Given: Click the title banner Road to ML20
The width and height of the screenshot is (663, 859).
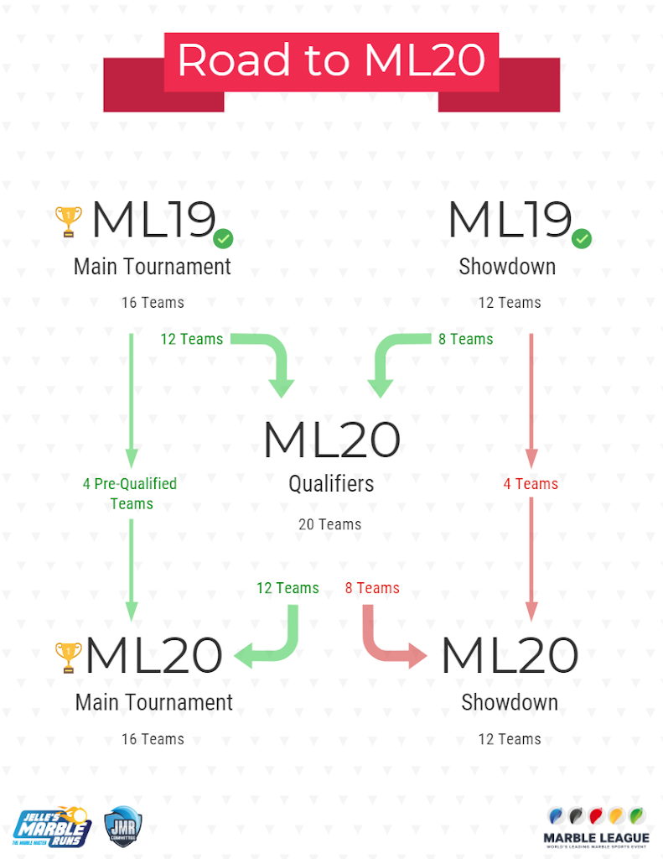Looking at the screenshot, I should [x=331, y=60].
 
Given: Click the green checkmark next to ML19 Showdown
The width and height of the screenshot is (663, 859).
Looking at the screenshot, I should [x=582, y=239].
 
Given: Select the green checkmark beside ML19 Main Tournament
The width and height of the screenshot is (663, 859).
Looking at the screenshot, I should [x=223, y=239].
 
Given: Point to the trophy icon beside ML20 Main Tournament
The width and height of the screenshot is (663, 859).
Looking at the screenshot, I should [x=69, y=657].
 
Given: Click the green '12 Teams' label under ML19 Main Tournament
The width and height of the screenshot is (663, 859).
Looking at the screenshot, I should [x=192, y=339].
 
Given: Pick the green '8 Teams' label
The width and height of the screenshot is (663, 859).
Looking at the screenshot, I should [x=466, y=339].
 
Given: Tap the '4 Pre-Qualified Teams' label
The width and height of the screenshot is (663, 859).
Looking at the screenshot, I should [x=131, y=493].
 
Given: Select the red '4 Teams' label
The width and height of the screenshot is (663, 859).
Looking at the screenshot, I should [x=531, y=484].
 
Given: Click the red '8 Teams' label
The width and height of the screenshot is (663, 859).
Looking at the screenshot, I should [x=372, y=588].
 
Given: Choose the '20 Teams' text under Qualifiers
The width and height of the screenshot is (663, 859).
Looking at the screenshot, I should [x=330, y=524].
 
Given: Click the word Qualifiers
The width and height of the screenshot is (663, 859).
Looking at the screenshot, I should [x=331, y=484].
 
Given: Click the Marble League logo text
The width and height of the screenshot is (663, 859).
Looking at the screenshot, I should [x=596, y=837].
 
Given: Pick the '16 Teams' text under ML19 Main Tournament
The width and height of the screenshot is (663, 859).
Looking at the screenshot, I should [x=153, y=302].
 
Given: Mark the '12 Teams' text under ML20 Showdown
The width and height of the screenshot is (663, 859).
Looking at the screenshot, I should [x=510, y=739].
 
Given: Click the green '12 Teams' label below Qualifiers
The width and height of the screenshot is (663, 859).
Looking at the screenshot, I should [x=287, y=588].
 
